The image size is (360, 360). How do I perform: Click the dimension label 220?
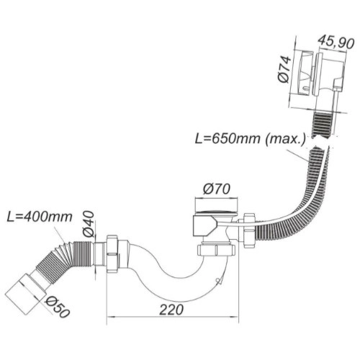pyautogui.click(x=171, y=310)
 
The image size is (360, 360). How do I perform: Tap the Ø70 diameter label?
pyautogui.click(x=217, y=189)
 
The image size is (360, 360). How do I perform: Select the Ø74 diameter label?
pyautogui.click(x=285, y=69)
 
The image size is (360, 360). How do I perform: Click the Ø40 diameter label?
pyautogui.click(x=88, y=224)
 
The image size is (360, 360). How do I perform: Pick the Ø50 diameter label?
pyautogui.click(x=58, y=307)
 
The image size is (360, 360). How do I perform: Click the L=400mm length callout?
pyautogui.click(x=40, y=217)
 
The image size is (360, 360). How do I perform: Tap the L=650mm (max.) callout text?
pyautogui.click(x=251, y=139)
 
